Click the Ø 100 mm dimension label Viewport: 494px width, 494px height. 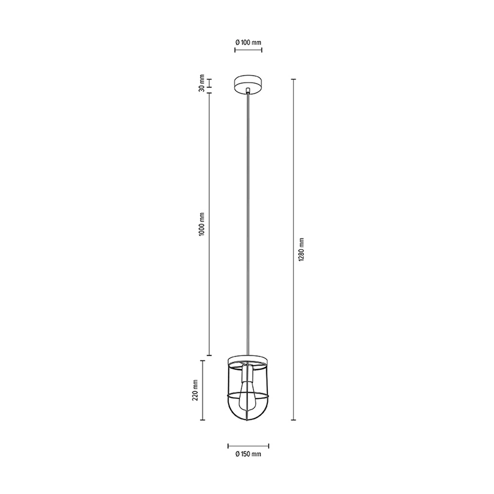248,42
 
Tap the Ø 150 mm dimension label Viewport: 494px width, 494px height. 248,454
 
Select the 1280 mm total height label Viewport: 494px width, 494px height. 301,249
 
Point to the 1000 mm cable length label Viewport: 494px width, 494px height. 202,224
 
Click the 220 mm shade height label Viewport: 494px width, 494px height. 195,390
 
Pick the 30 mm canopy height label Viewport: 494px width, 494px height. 202,83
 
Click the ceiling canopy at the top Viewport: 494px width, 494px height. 248,84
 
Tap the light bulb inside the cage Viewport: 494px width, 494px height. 248,396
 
